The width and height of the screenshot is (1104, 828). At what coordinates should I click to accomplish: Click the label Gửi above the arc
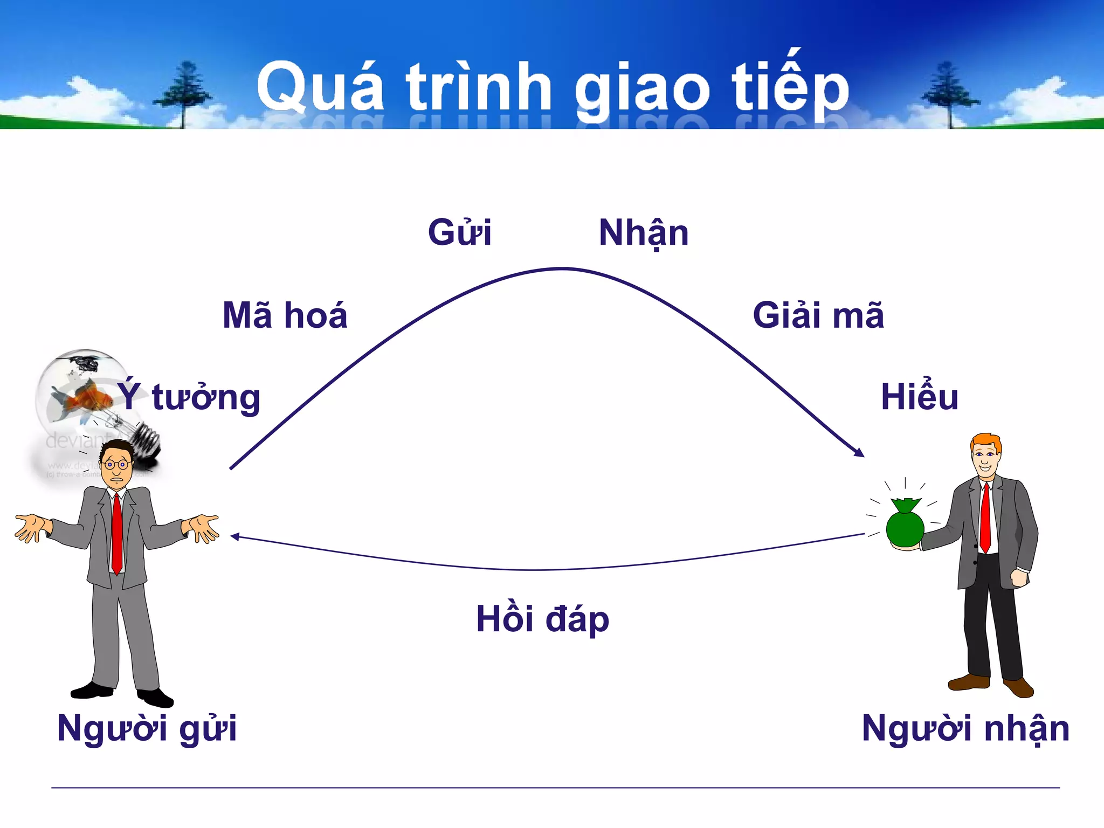coord(459,233)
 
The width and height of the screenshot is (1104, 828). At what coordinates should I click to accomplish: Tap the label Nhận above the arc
coord(643,233)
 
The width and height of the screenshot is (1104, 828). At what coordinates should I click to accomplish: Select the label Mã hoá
coord(285,315)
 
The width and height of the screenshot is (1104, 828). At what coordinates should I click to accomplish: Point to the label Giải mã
coord(818,315)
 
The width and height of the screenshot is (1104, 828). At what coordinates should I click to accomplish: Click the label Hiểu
coord(919,397)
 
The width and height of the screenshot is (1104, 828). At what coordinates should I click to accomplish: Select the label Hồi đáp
coord(542,619)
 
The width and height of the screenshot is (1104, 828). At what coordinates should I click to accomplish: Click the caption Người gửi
coord(147,729)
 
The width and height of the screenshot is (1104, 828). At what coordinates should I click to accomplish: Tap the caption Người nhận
coord(965,729)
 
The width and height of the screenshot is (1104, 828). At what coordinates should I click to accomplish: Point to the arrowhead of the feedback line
coord(235,536)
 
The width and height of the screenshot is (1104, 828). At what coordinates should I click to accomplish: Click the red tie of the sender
coord(116,534)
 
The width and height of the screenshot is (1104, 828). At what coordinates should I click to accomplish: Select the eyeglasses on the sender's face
coord(116,464)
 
